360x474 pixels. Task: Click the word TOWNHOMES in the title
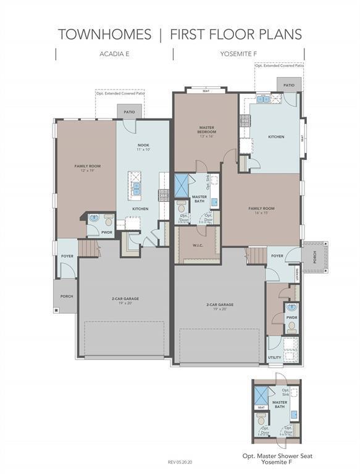tap(104, 34)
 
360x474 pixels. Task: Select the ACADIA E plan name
tap(114, 54)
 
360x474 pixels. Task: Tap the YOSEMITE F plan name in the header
tap(238, 54)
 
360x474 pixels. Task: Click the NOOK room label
tap(143, 145)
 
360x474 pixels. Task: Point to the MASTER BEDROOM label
tap(206, 129)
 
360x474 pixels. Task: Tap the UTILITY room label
tap(275, 357)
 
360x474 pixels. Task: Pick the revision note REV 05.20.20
tap(180, 461)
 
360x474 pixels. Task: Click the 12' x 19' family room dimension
tap(87, 170)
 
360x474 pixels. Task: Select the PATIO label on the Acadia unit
tap(129, 112)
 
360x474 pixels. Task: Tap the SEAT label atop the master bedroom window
tap(206, 90)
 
